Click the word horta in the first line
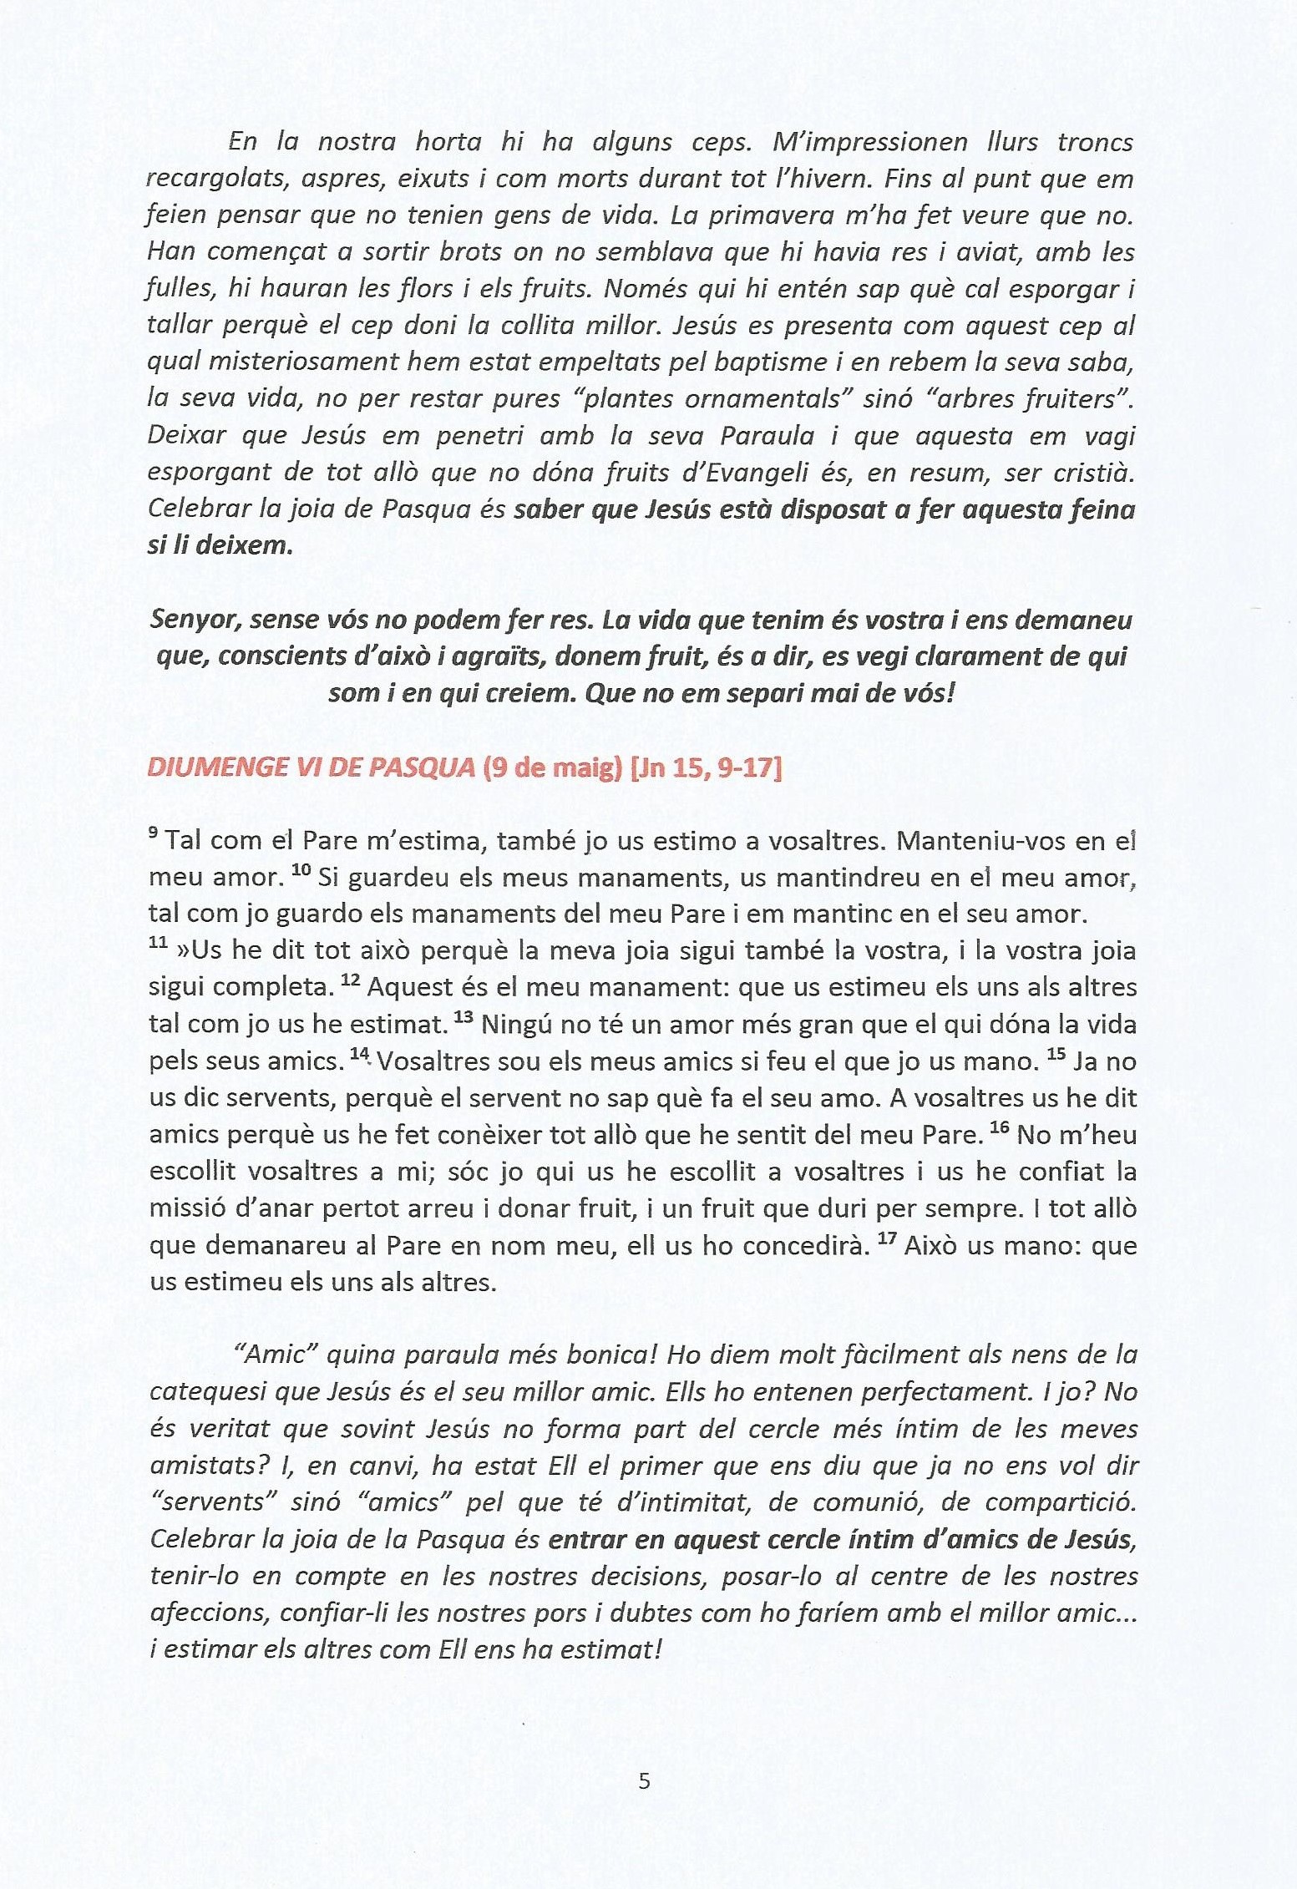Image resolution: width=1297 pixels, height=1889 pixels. (448, 142)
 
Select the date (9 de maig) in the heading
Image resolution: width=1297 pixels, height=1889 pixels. (552, 767)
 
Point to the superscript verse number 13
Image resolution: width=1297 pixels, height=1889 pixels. (464, 1017)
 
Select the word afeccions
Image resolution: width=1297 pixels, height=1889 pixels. (209, 1613)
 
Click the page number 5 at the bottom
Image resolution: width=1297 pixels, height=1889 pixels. (644, 1782)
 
